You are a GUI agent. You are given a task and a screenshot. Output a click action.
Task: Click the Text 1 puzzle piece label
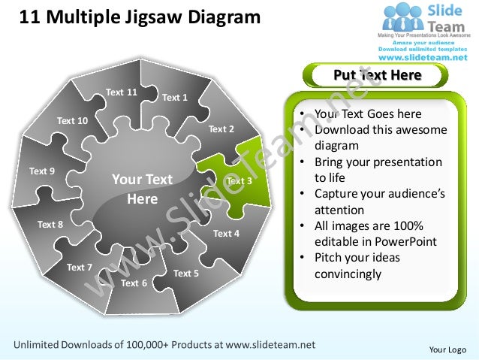[175, 97]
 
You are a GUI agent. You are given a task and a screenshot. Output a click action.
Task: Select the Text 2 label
[221, 129]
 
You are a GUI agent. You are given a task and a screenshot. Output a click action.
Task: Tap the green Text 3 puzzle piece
[239, 180]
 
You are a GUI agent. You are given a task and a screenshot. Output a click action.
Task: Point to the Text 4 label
[226, 233]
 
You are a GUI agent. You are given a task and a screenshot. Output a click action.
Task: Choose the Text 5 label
[186, 274]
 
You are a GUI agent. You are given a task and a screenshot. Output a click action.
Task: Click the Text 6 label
[134, 283]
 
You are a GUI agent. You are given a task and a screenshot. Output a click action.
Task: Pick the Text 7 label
[80, 268]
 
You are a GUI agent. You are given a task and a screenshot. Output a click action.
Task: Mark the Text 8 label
[51, 224]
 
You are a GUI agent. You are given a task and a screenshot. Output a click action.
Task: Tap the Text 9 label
[42, 171]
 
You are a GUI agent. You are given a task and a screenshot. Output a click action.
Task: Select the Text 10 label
[72, 121]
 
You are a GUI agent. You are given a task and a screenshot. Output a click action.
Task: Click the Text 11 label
[122, 92]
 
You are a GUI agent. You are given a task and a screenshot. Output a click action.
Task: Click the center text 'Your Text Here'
[142, 189]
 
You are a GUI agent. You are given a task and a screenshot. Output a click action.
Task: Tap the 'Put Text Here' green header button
[377, 75]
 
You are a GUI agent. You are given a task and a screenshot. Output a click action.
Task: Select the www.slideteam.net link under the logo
[424, 57]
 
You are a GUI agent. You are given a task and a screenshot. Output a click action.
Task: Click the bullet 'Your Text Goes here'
[368, 114]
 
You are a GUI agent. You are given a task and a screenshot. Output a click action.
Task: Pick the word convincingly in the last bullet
[348, 274]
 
